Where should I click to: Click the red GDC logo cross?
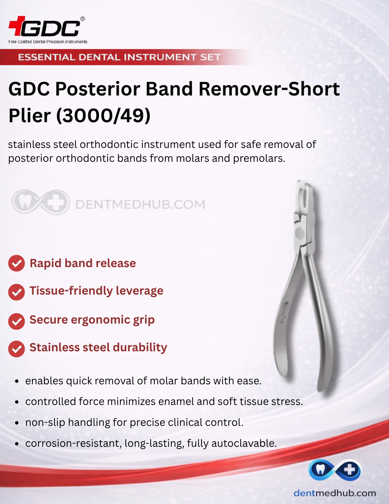pyautogui.click(x=17, y=26)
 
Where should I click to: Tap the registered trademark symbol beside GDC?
pyautogui.click(x=82, y=19)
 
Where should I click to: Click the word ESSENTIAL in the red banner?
pyautogui.click(x=47, y=57)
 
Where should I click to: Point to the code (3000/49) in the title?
pyautogui.click(x=103, y=116)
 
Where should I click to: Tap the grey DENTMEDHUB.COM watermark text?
pyautogui.click(x=140, y=204)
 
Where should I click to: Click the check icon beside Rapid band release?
pyautogui.click(x=16, y=263)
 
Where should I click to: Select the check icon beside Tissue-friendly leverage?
pyautogui.click(x=16, y=292)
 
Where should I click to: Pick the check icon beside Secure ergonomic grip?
pyautogui.click(x=16, y=321)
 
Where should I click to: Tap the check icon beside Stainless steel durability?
pyautogui.click(x=16, y=349)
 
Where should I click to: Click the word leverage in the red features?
pyautogui.click(x=139, y=291)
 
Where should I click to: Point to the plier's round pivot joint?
pyautogui.click(x=300, y=233)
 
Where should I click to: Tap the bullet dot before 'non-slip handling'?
pyautogui.click(x=17, y=423)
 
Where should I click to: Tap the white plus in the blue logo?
pyautogui.click(x=349, y=470)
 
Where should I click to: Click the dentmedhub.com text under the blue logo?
pyautogui.click(x=335, y=493)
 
